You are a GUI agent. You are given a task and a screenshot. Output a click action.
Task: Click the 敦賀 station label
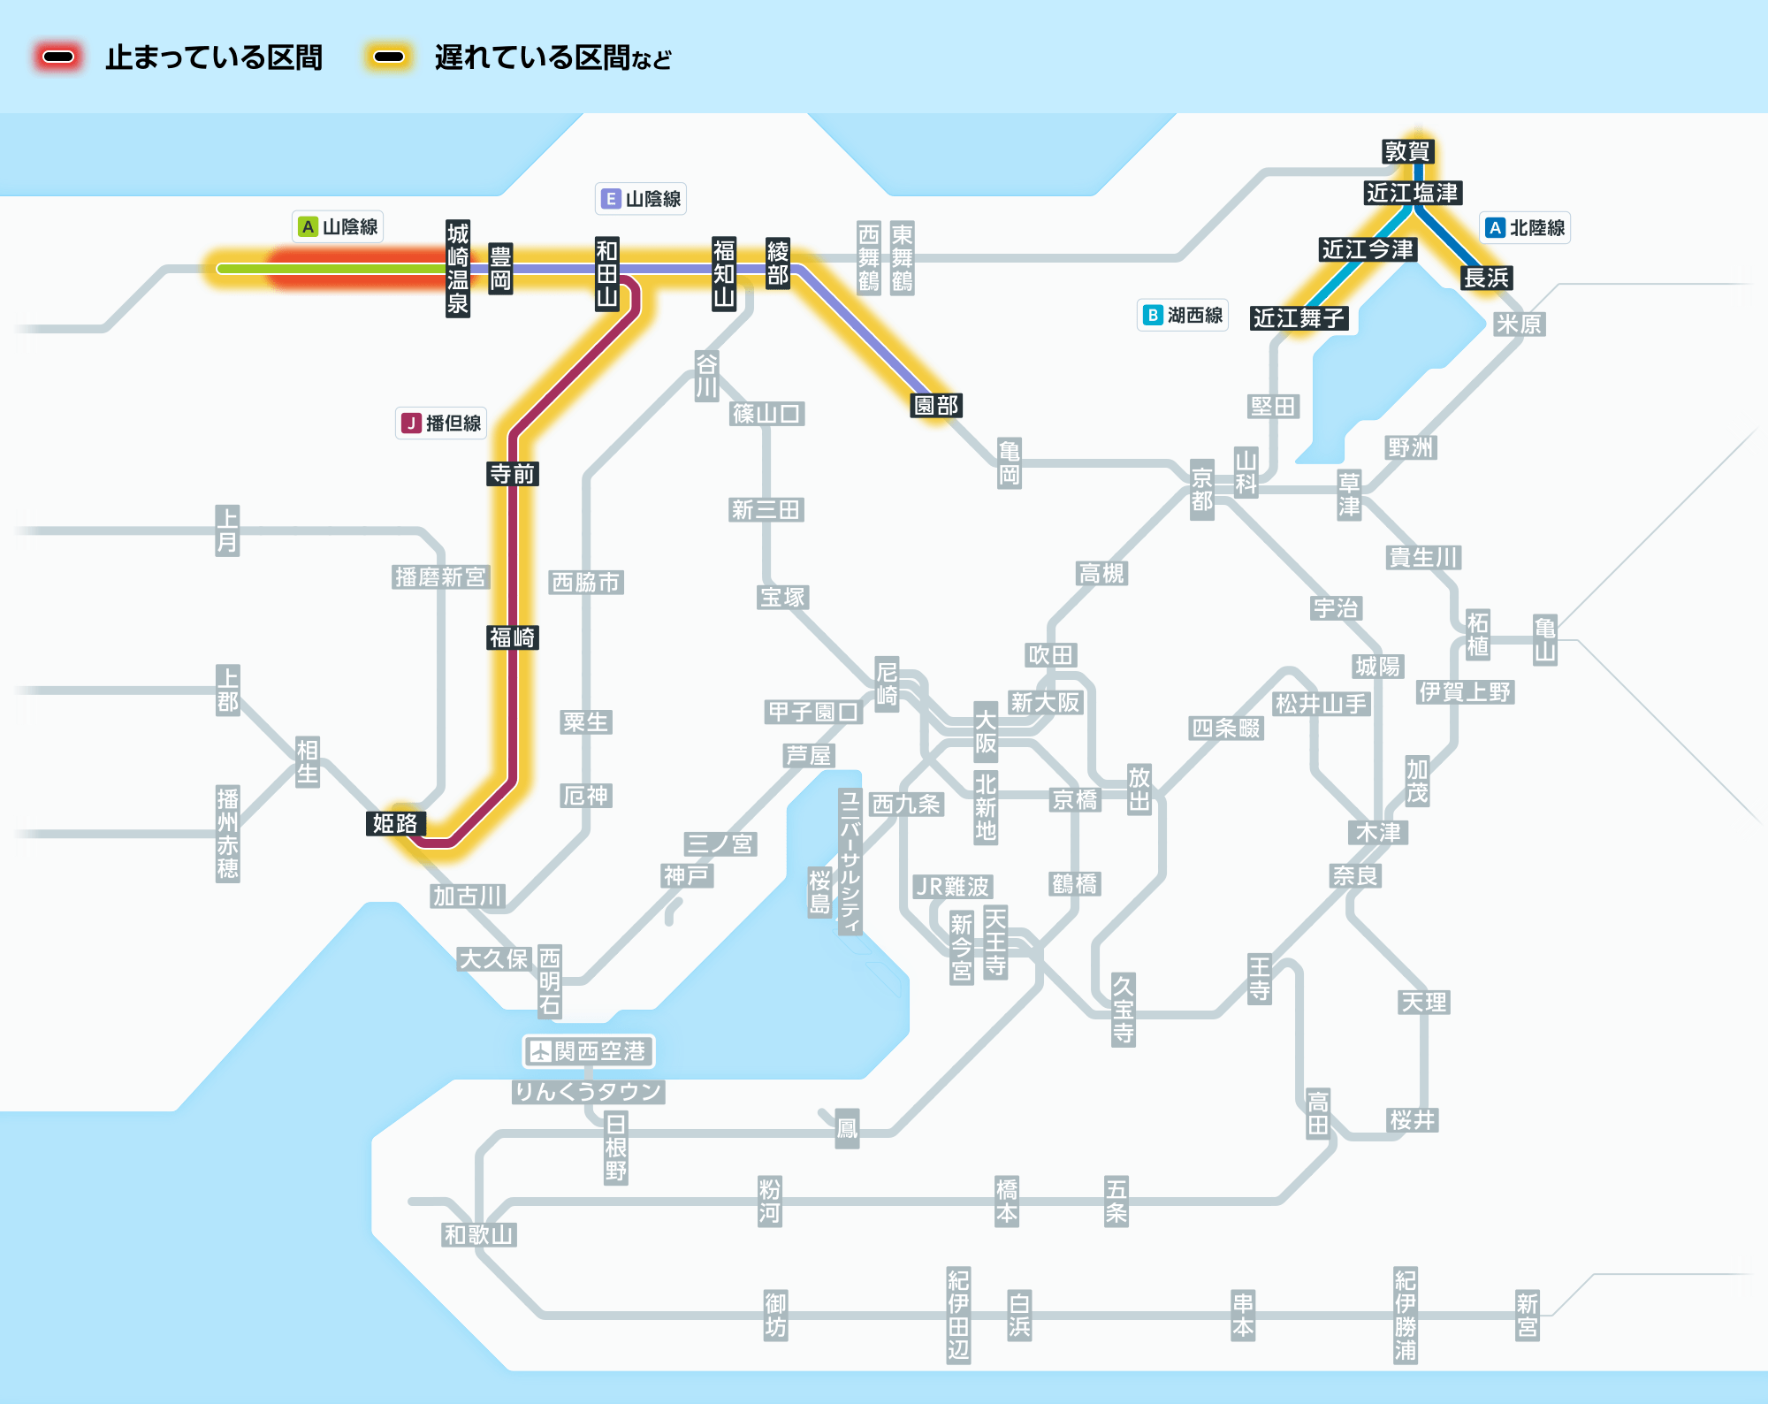[x=1406, y=151]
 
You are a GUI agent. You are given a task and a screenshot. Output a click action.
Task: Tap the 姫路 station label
[x=395, y=823]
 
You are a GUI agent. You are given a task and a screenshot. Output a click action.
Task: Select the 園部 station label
[x=936, y=405]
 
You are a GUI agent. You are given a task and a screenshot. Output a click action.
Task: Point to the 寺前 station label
[x=513, y=474]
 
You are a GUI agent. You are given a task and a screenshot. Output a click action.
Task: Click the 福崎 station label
[x=513, y=637]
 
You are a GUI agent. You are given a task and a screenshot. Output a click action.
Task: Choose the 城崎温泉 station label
[x=458, y=269]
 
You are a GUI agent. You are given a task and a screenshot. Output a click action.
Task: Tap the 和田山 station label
[x=606, y=272]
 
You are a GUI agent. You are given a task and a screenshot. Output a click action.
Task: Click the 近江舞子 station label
[x=1299, y=318]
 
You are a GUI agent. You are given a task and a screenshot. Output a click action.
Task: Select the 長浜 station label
[x=1487, y=278]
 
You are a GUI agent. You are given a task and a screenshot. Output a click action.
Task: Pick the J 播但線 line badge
[x=441, y=423]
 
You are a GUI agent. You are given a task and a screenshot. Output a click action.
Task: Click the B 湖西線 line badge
[x=1183, y=316]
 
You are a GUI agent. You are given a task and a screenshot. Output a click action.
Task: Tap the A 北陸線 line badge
[x=1525, y=228]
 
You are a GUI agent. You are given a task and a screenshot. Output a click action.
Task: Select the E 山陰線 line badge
[x=641, y=199]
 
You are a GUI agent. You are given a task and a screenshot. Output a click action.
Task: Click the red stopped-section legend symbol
[x=58, y=57]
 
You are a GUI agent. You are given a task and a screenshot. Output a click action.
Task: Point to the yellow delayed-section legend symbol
[x=389, y=57]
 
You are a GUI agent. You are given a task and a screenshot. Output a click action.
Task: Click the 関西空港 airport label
[x=589, y=1051]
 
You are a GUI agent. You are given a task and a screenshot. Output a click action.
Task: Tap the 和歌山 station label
[x=479, y=1234]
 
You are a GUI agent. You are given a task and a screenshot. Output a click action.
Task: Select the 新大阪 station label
[x=1046, y=703]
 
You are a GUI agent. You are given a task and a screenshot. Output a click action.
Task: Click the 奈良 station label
[x=1356, y=876]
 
